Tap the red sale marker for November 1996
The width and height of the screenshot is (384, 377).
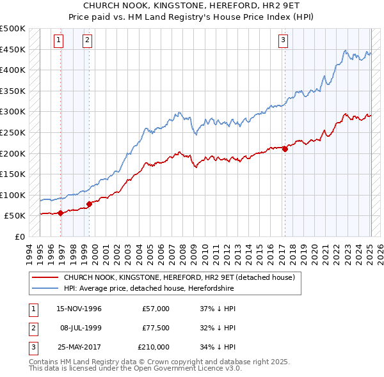click(60, 213)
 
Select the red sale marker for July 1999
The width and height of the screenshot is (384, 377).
click(89, 204)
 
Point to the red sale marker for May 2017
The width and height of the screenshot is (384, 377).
click(285, 149)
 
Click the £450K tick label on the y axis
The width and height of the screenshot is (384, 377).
click(13, 49)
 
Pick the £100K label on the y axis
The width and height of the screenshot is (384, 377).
click(13, 195)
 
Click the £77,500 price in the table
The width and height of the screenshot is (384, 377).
click(156, 328)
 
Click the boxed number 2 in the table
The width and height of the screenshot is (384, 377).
click(31, 328)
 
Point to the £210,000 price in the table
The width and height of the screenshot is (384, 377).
click(154, 347)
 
